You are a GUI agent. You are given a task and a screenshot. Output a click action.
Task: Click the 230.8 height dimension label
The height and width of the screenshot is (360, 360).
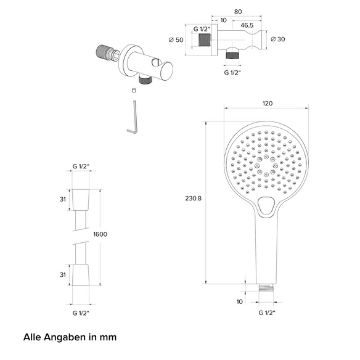click(193, 198)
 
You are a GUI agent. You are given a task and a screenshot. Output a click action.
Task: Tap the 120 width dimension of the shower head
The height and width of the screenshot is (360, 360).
click(268, 104)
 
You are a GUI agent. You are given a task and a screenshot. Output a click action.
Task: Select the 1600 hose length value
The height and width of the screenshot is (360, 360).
click(100, 234)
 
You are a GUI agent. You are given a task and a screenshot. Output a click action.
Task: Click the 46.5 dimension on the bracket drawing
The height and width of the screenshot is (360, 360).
click(247, 25)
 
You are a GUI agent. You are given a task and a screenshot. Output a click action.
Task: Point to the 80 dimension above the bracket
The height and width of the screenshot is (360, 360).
click(238, 12)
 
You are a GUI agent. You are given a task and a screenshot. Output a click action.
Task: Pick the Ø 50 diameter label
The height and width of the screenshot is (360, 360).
click(176, 40)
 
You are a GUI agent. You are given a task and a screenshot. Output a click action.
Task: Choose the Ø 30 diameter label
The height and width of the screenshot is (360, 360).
click(278, 39)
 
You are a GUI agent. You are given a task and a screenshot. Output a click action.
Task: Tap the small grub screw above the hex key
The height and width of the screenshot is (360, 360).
click(134, 90)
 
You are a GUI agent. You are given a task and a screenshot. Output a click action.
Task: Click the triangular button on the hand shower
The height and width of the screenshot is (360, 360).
click(266, 205)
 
